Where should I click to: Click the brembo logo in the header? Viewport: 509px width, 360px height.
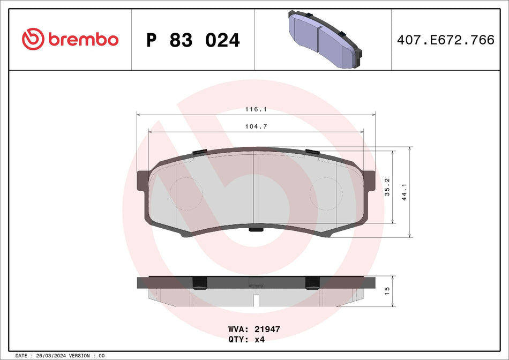coord(70,39)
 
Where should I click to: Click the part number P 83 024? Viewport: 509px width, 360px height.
coord(193,40)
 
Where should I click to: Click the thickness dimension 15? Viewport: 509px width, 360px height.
coord(387,291)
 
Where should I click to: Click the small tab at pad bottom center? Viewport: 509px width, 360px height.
coord(256,230)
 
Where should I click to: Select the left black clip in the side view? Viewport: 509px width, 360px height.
coord(200,282)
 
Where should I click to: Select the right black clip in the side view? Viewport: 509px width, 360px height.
coord(312,282)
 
